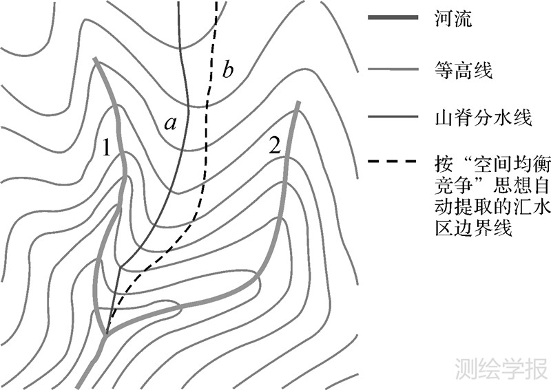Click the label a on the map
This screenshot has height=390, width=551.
pos(171,124)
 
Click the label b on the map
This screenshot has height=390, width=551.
pos(229,69)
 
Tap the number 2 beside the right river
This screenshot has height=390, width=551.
pos(275,146)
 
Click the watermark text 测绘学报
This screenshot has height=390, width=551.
pos(501,369)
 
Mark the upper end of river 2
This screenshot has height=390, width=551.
pos(298,102)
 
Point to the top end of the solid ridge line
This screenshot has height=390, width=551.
pos(180,2)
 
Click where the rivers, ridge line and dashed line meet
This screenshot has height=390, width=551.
pos(107,334)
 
